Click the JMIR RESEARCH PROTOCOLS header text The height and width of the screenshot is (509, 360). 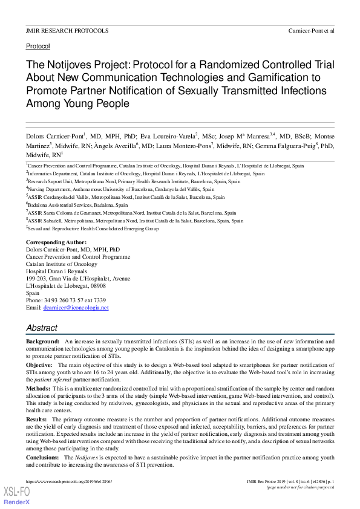(x=67, y=30)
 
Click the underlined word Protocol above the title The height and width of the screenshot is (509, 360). (x=38, y=46)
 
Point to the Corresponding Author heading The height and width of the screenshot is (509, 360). (x=56, y=242)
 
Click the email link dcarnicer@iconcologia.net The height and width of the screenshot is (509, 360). (x=76, y=308)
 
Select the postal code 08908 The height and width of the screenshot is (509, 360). (x=97, y=286)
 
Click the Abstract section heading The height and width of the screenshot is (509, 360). (x=42, y=328)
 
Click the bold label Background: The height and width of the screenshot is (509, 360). (x=42, y=342)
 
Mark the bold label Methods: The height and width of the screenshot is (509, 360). (x=39, y=387)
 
